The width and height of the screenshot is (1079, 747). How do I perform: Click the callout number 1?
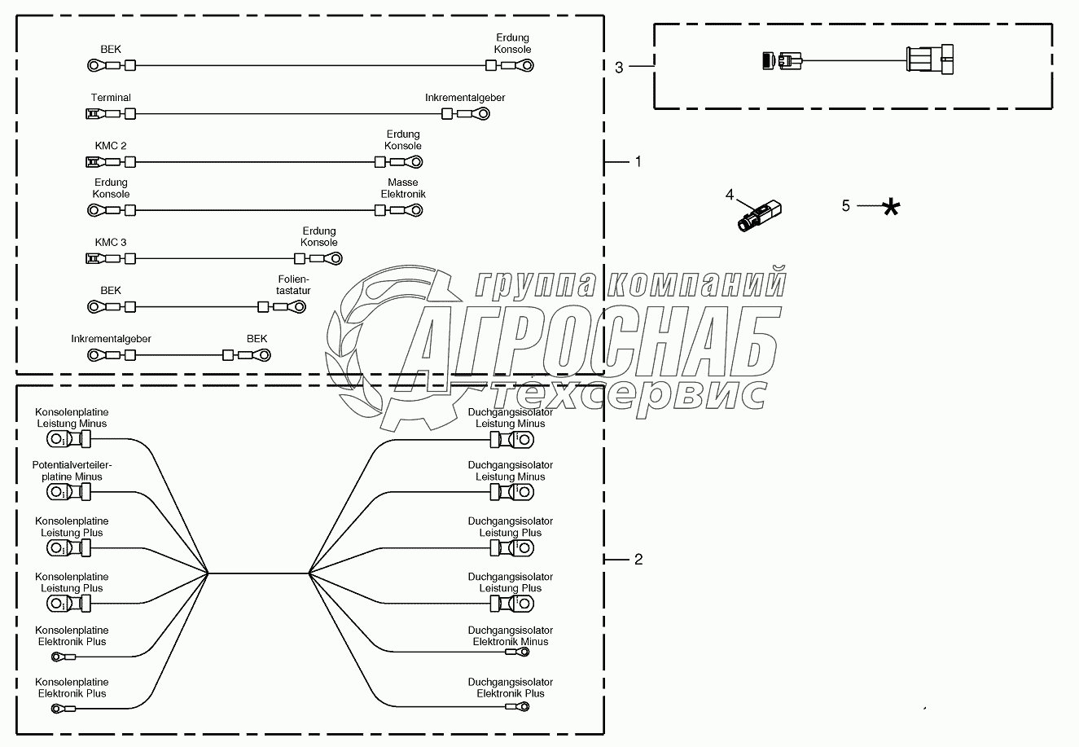pos(638,162)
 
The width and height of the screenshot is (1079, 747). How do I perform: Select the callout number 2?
pos(638,560)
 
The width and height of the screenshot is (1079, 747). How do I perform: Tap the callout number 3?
pos(619,68)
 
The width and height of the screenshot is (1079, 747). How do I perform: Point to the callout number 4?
pos(730,195)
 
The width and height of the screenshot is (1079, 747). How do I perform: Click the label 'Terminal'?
pos(111,98)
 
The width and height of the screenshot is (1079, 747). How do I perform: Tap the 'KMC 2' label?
pos(111,146)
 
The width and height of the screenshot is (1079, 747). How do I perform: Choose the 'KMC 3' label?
pos(111,243)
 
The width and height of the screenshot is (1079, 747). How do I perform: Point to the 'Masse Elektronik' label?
pos(403,188)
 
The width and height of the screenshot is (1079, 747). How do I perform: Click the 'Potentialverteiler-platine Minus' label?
pos(72,471)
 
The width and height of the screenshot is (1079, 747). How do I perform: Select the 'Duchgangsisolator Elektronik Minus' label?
pos(511,636)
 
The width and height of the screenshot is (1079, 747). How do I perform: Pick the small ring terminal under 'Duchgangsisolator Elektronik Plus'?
pos(515,706)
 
